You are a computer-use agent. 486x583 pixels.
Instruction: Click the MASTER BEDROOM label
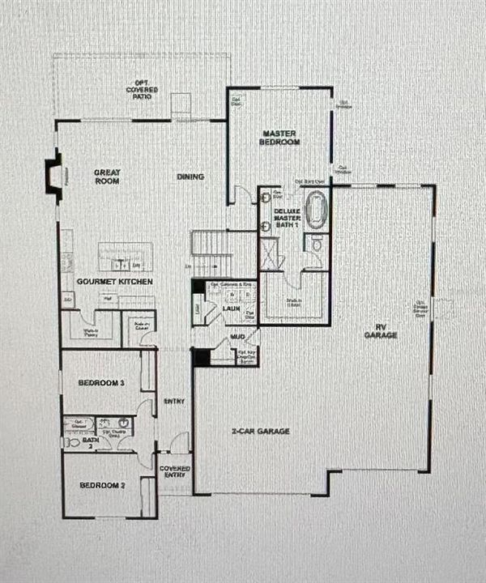(280, 137)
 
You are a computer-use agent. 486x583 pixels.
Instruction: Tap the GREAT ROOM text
(107, 177)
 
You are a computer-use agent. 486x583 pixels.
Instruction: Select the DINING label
(190, 177)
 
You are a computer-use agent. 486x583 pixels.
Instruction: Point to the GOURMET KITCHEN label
(114, 281)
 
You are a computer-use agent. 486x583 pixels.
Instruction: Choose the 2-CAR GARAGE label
(260, 432)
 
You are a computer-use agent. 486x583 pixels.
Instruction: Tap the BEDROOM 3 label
(100, 382)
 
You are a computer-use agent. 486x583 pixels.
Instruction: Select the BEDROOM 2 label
(100, 486)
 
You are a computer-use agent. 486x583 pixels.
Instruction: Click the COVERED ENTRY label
(174, 472)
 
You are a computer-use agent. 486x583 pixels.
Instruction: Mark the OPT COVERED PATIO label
(142, 88)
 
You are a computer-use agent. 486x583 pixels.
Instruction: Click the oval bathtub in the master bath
(315, 208)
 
